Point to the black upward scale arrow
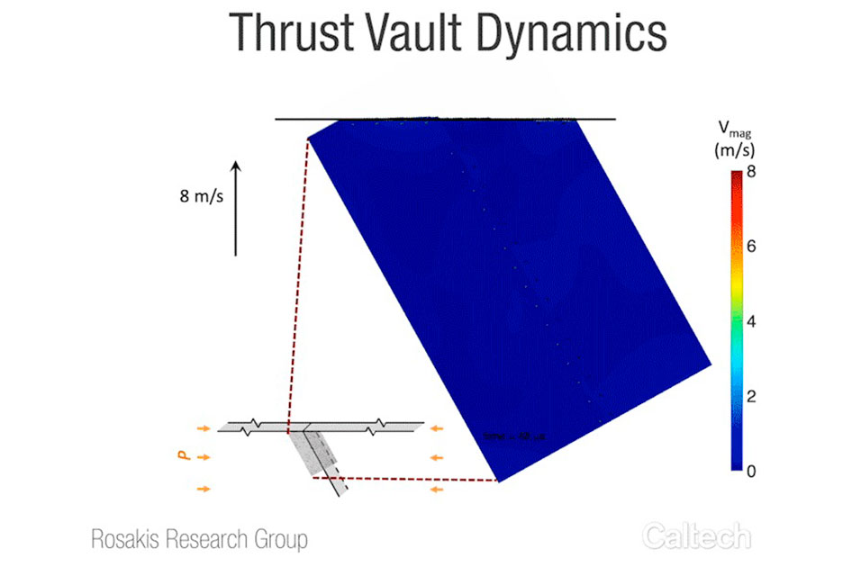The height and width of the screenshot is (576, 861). tap(236, 208)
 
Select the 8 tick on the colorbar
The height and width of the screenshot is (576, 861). tap(751, 171)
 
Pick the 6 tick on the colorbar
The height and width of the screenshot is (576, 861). tap(751, 246)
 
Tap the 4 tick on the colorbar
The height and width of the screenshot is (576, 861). tap(751, 320)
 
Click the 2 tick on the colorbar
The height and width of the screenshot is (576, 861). tap(751, 396)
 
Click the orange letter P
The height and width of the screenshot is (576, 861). tap(185, 457)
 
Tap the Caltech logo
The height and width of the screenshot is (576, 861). tap(696, 537)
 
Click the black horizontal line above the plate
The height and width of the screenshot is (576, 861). tap(445, 119)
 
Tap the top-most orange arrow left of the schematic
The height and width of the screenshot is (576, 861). tap(205, 427)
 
